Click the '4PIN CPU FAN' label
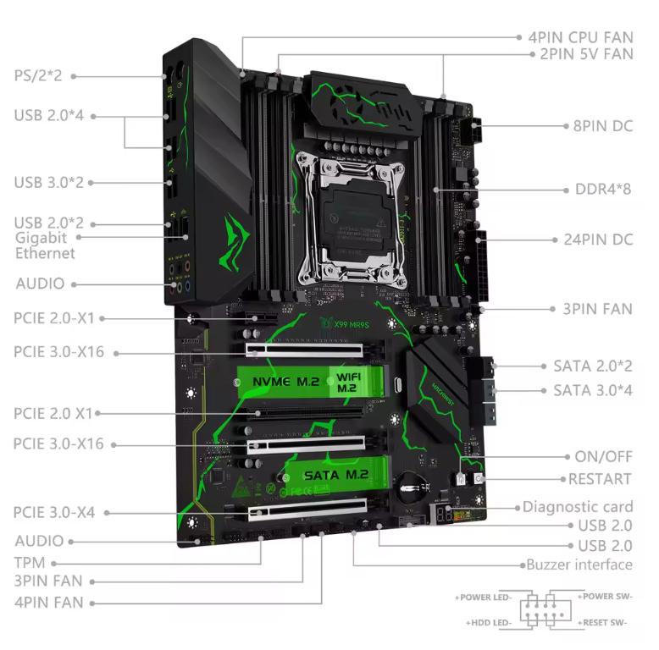tap(580, 37)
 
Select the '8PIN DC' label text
tap(603, 126)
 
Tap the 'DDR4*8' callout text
tap(603, 189)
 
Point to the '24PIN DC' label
tap(598, 240)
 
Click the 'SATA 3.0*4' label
tap(593, 390)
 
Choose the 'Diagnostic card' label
tap(578, 507)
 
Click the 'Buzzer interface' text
tap(579, 565)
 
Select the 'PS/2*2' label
tap(38, 75)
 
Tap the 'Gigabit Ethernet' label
tap(45, 245)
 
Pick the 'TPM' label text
tap(30, 563)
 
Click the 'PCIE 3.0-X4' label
tap(54, 512)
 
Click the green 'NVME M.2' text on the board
tap(285, 381)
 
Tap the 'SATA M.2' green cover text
tap(336, 475)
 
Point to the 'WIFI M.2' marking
tap(348, 383)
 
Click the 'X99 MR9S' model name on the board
tap(352, 325)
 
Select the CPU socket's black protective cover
tap(354, 222)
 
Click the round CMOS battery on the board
tap(413, 487)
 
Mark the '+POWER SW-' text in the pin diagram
tap(605, 596)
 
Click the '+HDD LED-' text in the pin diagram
tap(489, 623)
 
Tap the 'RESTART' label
tap(600, 479)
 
